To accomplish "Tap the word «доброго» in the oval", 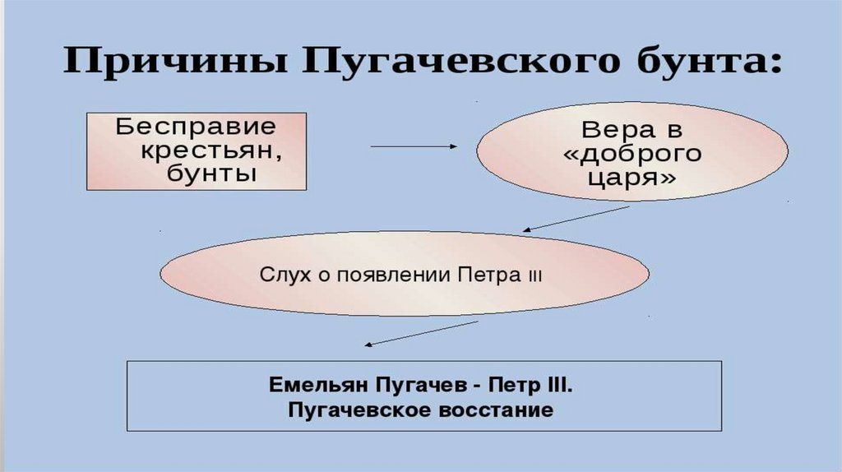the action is click(631, 154).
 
